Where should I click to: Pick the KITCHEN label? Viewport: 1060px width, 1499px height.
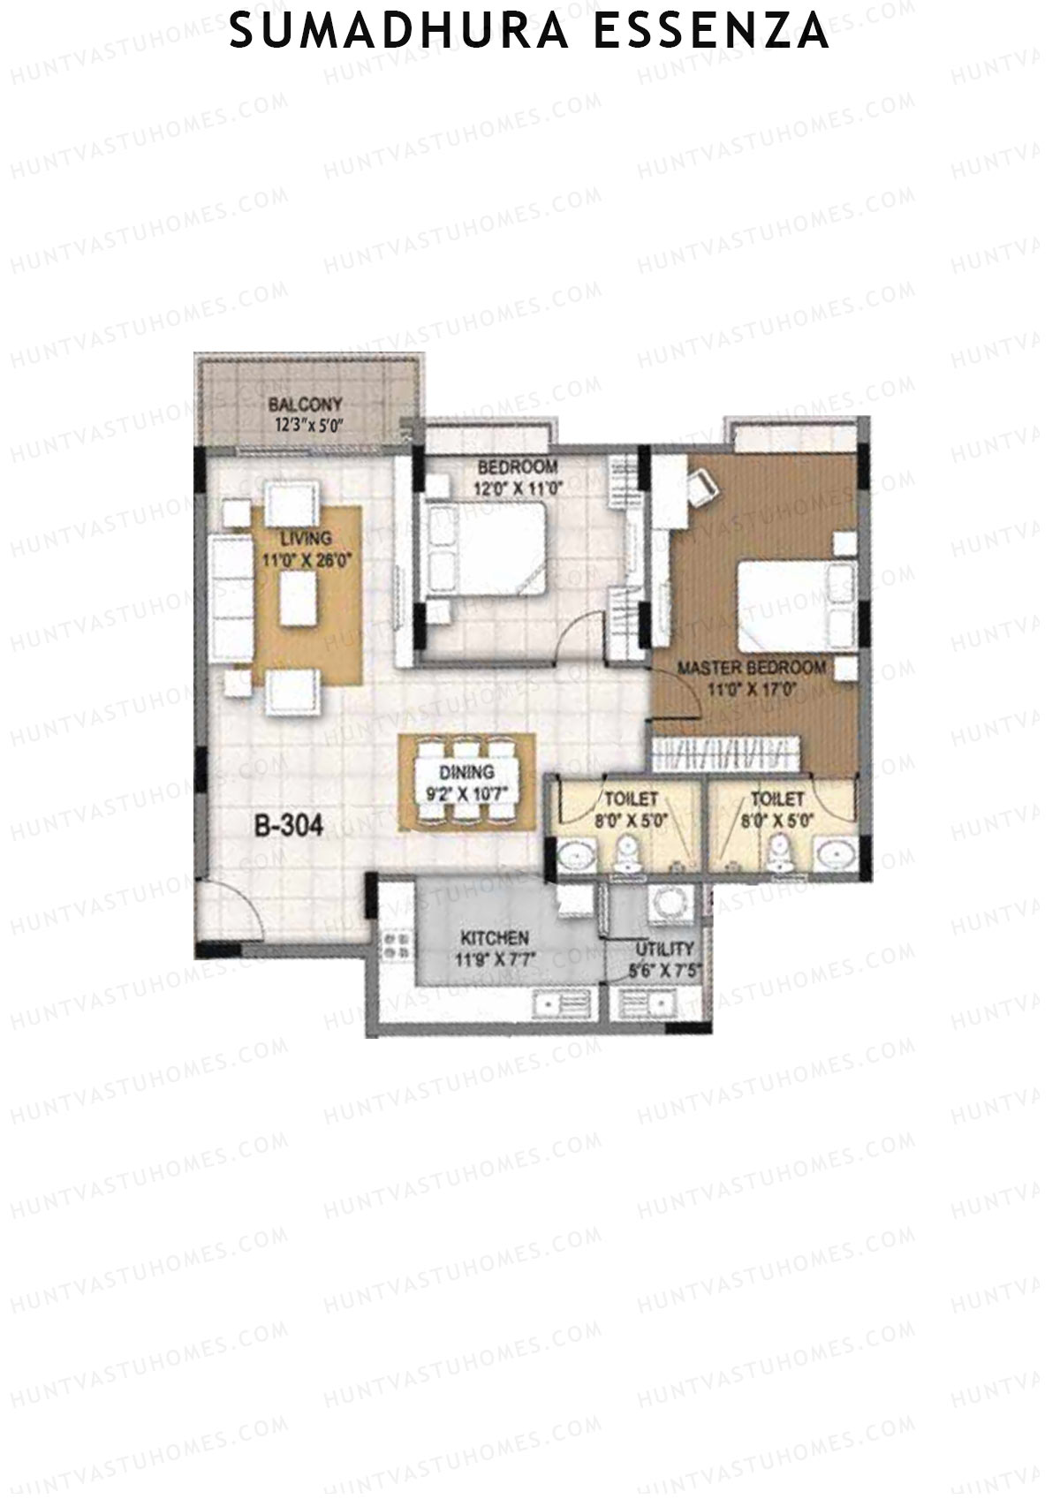(495, 938)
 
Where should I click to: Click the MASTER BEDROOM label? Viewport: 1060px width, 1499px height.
(752, 668)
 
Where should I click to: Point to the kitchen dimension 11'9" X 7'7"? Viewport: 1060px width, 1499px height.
(495, 958)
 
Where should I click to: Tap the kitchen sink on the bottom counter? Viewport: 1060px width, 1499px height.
(557, 1005)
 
